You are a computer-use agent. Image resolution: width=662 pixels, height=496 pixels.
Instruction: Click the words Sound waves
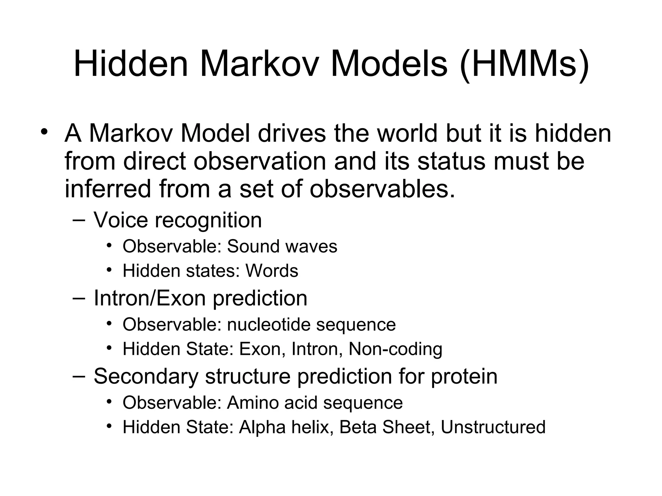coord(282,246)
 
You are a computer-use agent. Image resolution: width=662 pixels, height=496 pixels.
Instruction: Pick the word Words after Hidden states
coord(272,271)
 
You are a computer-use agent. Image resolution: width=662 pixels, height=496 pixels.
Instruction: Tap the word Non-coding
coord(395,349)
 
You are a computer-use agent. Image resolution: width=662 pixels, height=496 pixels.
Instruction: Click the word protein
coord(464,377)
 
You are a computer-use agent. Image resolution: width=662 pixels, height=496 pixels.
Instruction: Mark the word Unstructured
coord(493,427)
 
